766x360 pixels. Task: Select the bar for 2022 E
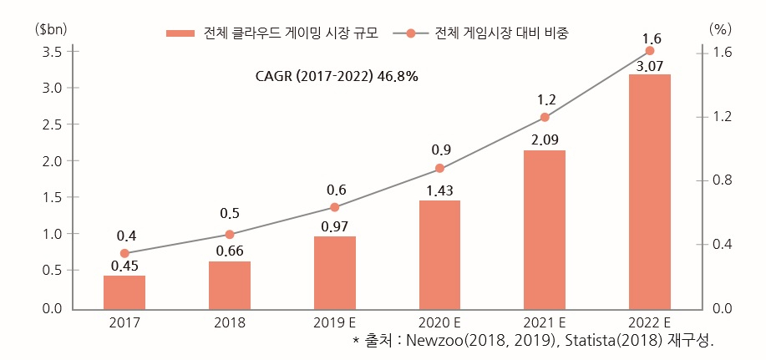click(x=649, y=191)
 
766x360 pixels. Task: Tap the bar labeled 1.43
click(x=439, y=255)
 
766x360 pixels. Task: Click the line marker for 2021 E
click(x=545, y=117)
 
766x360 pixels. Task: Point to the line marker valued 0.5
click(x=230, y=235)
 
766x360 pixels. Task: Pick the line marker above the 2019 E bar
click(x=335, y=207)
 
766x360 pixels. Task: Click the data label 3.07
click(x=649, y=65)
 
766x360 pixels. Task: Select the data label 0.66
click(x=230, y=251)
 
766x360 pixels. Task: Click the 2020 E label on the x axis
click(x=439, y=323)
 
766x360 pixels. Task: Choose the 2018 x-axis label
click(x=230, y=323)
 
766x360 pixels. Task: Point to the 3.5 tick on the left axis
click(x=52, y=52)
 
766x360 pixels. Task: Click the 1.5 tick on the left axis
click(x=52, y=197)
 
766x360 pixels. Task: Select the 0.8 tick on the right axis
click(x=719, y=180)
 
